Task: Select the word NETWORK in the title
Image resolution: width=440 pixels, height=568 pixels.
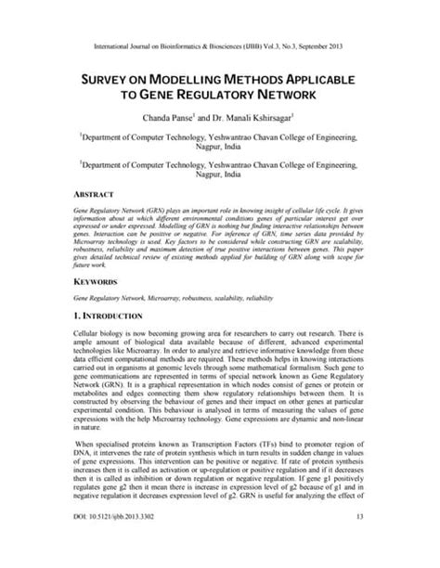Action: [279, 95]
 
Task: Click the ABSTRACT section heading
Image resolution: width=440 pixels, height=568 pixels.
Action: [94, 197]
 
